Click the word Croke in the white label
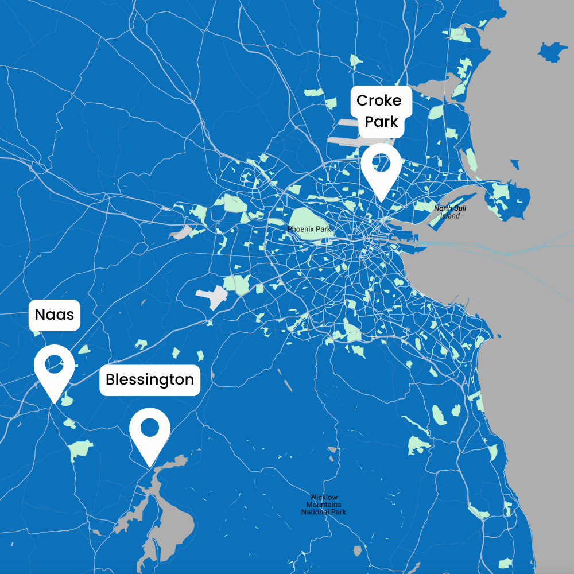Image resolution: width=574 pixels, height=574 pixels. [379, 100]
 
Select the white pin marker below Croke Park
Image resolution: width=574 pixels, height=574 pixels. [381, 166]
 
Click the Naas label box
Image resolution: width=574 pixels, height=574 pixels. [54, 315]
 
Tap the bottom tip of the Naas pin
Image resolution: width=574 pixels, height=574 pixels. [54, 402]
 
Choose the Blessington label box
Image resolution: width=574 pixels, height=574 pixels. [150, 380]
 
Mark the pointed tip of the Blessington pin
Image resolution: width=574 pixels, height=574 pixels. [150, 466]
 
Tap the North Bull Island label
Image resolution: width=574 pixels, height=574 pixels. [450, 212]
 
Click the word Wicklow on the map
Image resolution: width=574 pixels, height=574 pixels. [324, 497]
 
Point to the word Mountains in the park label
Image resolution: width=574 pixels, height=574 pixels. [324, 505]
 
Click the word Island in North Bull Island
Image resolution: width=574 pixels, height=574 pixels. [450, 216]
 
